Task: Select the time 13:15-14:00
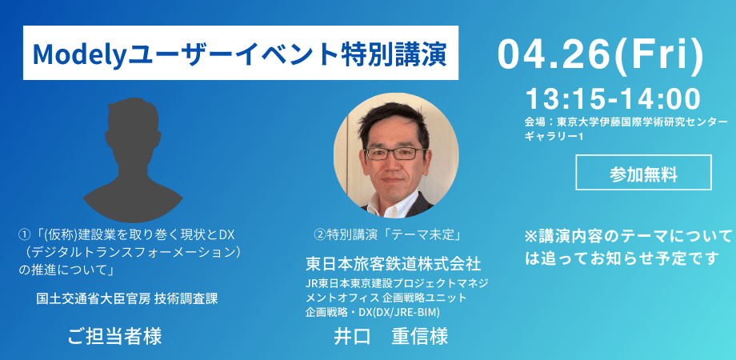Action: pyautogui.click(x=613, y=99)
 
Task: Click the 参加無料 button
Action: pyautogui.click(x=643, y=172)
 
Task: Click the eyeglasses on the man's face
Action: pyautogui.click(x=396, y=152)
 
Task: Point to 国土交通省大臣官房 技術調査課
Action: pyautogui.click(x=127, y=298)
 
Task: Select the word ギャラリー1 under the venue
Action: pyautogui.click(x=554, y=137)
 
